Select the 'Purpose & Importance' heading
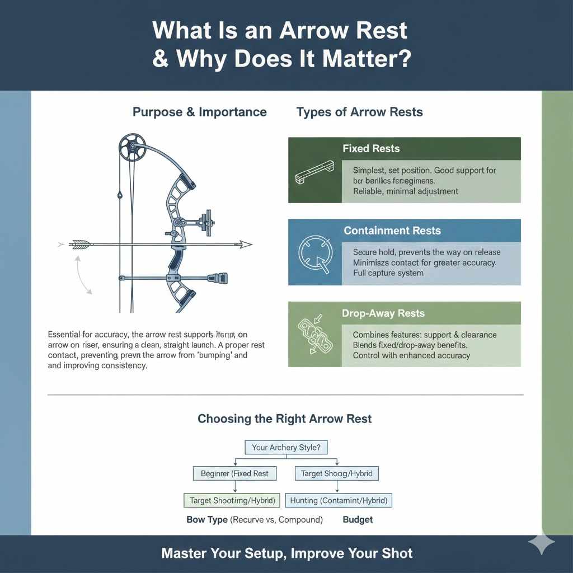(199, 112)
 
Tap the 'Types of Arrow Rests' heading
(359, 112)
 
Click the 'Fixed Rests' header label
(371, 149)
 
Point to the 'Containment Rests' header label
(392, 231)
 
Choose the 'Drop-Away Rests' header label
(383, 313)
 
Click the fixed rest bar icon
(313, 174)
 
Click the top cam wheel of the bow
(132, 146)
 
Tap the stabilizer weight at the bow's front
(218, 278)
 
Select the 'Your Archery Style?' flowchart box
(286, 447)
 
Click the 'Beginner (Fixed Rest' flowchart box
(234, 473)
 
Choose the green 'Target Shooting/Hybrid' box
(231, 500)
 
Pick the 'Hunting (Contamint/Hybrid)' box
(339, 500)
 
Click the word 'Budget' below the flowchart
(358, 520)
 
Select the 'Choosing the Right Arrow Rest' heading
(284, 419)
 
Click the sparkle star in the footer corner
(542, 543)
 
